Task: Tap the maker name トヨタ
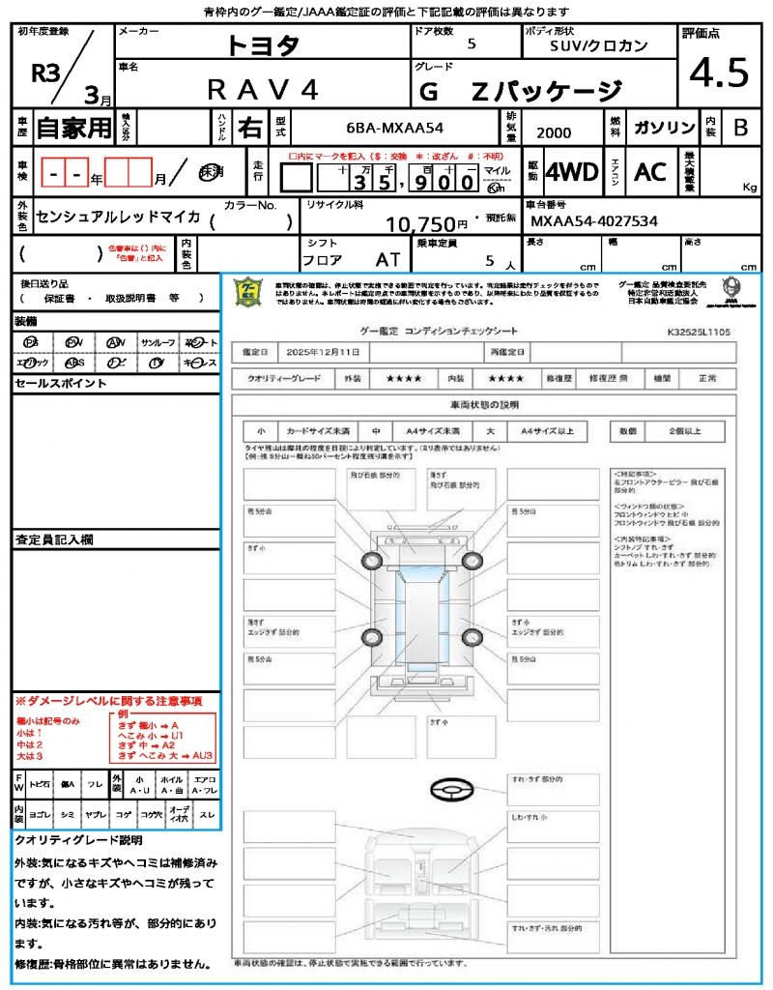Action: coord(263,44)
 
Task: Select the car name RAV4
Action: coord(263,89)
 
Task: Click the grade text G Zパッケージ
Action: coord(521,92)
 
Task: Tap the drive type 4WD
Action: coord(572,172)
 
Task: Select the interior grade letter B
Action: coord(740,128)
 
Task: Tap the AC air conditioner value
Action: coord(650,172)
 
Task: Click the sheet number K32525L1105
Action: coord(699,332)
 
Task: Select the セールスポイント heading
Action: coord(61,384)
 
